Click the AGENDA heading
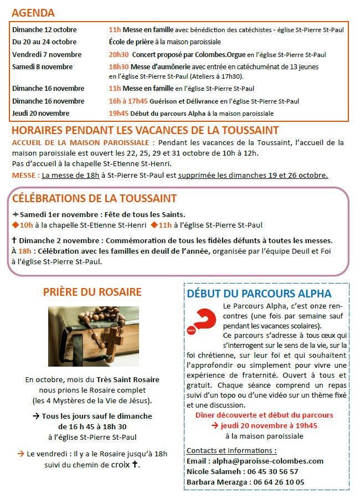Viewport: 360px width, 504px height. tap(33, 13)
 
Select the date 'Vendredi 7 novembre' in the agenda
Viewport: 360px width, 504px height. tap(47, 55)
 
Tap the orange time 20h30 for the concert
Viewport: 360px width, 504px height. tap(119, 55)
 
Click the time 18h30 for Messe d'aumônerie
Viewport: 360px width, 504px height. tap(119, 66)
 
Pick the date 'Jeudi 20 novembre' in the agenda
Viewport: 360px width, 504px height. tap(41, 113)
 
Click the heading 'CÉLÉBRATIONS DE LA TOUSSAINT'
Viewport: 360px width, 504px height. tap(94, 198)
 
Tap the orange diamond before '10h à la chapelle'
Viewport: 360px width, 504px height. tap(16, 225)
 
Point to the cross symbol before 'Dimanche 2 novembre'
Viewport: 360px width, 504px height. tap(14, 240)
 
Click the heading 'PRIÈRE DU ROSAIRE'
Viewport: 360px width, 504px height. tap(92, 292)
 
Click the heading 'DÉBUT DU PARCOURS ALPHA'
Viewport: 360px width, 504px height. tap(259, 294)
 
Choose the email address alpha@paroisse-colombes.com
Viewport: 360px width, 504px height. tap(263, 461)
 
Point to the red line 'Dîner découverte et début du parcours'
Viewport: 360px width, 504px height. tap(264, 415)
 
